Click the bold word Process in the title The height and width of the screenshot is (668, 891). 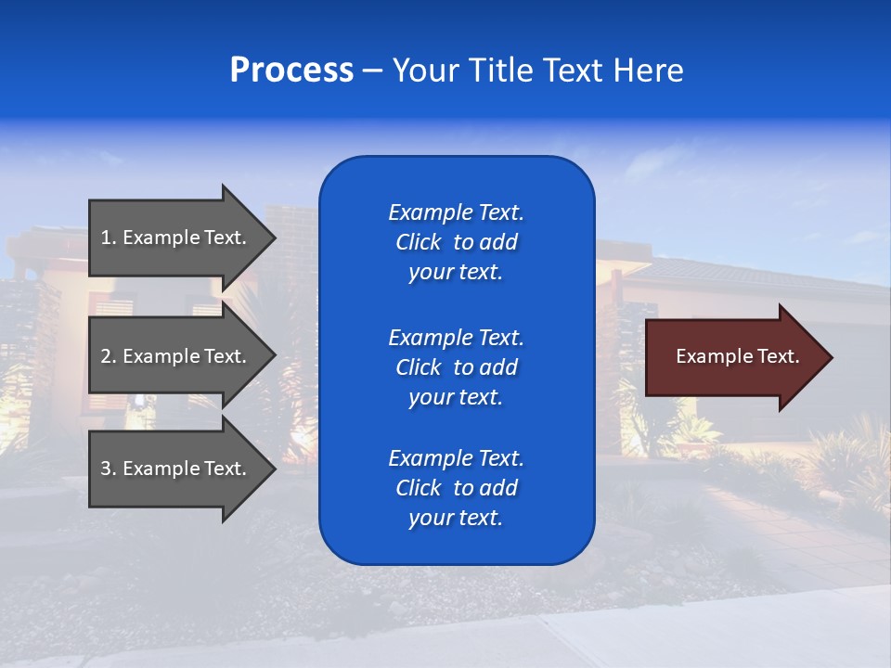291,71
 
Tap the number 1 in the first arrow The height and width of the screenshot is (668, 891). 107,238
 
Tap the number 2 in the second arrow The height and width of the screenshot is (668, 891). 107,356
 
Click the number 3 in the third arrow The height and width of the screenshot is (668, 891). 107,469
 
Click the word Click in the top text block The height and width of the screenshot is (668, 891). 418,242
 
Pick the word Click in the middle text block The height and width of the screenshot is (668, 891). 418,367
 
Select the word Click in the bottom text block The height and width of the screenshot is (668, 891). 418,488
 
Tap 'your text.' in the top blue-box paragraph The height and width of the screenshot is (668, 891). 456,273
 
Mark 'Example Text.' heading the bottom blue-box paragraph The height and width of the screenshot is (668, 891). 456,458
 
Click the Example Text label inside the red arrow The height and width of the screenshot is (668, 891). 737,356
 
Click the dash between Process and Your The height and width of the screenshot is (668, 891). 372,71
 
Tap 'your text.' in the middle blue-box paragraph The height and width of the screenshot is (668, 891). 456,398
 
